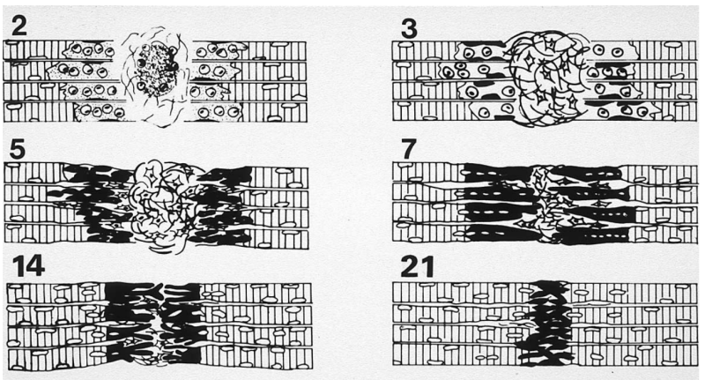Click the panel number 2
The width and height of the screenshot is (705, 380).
(19, 26)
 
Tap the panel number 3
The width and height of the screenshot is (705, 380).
(409, 29)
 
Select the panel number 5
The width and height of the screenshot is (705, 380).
(18, 149)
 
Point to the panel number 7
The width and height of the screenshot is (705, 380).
(407, 150)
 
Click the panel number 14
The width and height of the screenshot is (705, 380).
(28, 265)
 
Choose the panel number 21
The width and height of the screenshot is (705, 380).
(417, 266)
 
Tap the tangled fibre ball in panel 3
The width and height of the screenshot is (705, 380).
(547, 78)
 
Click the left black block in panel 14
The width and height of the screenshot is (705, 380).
(130, 322)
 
